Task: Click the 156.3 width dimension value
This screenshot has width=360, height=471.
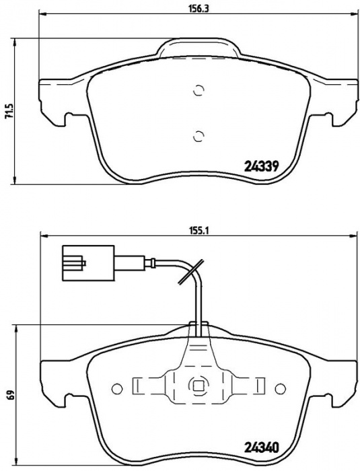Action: click(x=199, y=8)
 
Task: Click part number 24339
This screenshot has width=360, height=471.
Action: click(x=262, y=166)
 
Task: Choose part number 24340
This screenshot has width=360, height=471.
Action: click(x=262, y=448)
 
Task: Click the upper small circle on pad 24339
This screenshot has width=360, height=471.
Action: click(x=199, y=90)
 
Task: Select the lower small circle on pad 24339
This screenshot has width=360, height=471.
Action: click(x=199, y=136)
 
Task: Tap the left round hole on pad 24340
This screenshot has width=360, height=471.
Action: click(x=117, y=389)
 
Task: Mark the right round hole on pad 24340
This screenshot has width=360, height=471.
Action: click(x=280, y=389)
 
